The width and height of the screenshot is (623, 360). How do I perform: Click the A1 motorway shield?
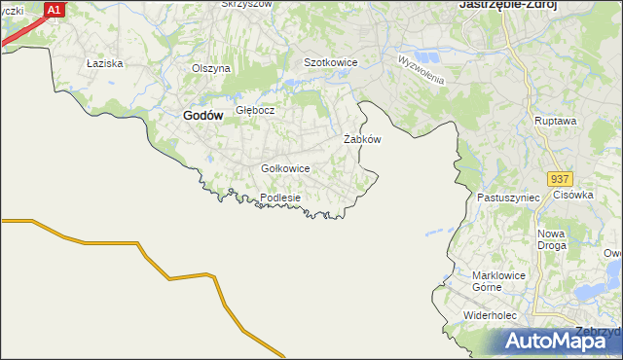[x=55, y=10]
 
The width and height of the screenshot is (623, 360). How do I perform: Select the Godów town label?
[x=203, y=115]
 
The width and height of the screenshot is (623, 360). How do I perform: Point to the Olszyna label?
[x=210, y=68]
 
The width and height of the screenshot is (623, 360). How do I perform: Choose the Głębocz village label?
[x=256, y=110]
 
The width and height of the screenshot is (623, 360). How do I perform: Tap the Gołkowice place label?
[x=285, y=168]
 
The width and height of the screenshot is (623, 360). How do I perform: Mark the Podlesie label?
[x=280, y=198]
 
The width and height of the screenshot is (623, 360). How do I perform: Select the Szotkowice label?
[x=331, y=62]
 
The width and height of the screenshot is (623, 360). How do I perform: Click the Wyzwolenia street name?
[x=421, y=68]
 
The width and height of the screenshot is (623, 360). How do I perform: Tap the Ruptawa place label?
[x=556, y=121]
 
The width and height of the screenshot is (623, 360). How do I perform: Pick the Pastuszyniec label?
[x=508, y=198]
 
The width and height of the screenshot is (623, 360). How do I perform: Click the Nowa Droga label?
[x=552, y=240]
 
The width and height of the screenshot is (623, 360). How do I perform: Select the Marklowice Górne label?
[x=498, y=281]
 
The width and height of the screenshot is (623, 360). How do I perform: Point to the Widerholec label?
[x=495, y=316]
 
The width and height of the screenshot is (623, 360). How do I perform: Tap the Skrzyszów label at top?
[x=244, y=4]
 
